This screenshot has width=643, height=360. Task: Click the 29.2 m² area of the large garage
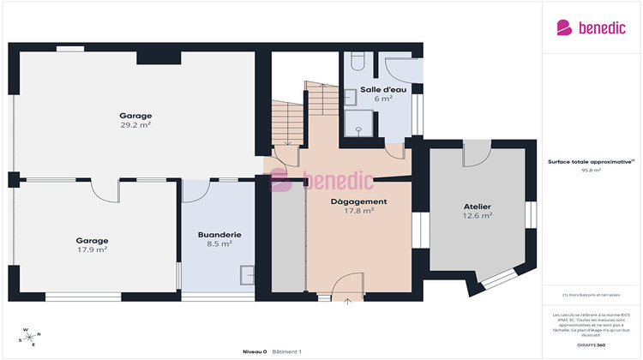[135, 124]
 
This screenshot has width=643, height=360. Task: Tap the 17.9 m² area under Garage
[91, 250]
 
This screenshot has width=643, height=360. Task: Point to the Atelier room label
[478, 207]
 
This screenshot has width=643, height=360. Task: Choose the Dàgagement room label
[359, 201]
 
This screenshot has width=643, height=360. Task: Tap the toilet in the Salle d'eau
[358, 61]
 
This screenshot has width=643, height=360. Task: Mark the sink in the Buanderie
[247, 275]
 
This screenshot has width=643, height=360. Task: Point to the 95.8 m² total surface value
[592, 171]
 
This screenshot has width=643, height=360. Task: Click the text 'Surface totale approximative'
[590, 161]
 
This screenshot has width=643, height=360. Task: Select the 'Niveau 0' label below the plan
[255, 351]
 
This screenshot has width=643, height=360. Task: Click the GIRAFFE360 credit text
[591, 344]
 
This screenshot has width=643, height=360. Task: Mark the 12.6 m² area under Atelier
[478, 216]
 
